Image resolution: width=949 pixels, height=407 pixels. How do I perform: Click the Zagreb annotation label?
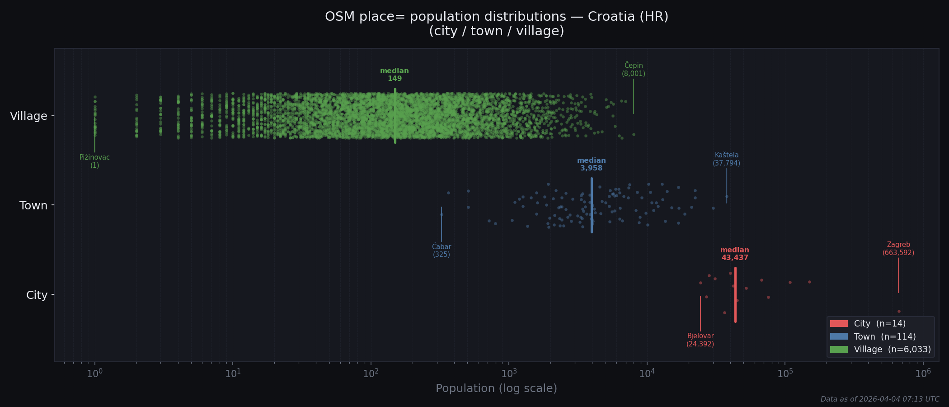click(898, 249)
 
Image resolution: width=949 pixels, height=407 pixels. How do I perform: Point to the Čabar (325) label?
click(442, 251)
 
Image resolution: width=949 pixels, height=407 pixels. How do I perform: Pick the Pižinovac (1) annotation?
click(94, 161)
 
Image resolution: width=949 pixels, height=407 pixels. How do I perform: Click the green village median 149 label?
click(395, 75)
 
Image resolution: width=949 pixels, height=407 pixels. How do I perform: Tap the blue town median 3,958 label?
click(591, 165)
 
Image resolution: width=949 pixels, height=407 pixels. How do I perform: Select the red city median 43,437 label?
click(734, 254)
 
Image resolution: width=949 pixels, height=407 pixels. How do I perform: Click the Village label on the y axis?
click(28, 116)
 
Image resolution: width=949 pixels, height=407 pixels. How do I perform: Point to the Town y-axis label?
click(33, 206)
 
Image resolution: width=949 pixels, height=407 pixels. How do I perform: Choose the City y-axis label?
click(37, 295)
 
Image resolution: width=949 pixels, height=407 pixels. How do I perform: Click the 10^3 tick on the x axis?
click(509, 374)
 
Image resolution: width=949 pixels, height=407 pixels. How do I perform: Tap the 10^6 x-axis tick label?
click(923, 374)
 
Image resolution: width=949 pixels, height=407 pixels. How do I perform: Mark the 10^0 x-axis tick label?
click(94, 374)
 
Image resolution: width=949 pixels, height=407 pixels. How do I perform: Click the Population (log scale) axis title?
click(496, 388)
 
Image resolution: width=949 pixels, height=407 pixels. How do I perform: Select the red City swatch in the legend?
click(839, 324)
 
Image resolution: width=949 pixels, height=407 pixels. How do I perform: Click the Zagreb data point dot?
click(899, 311)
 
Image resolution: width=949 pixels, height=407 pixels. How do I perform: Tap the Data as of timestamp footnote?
click(880, 399)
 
